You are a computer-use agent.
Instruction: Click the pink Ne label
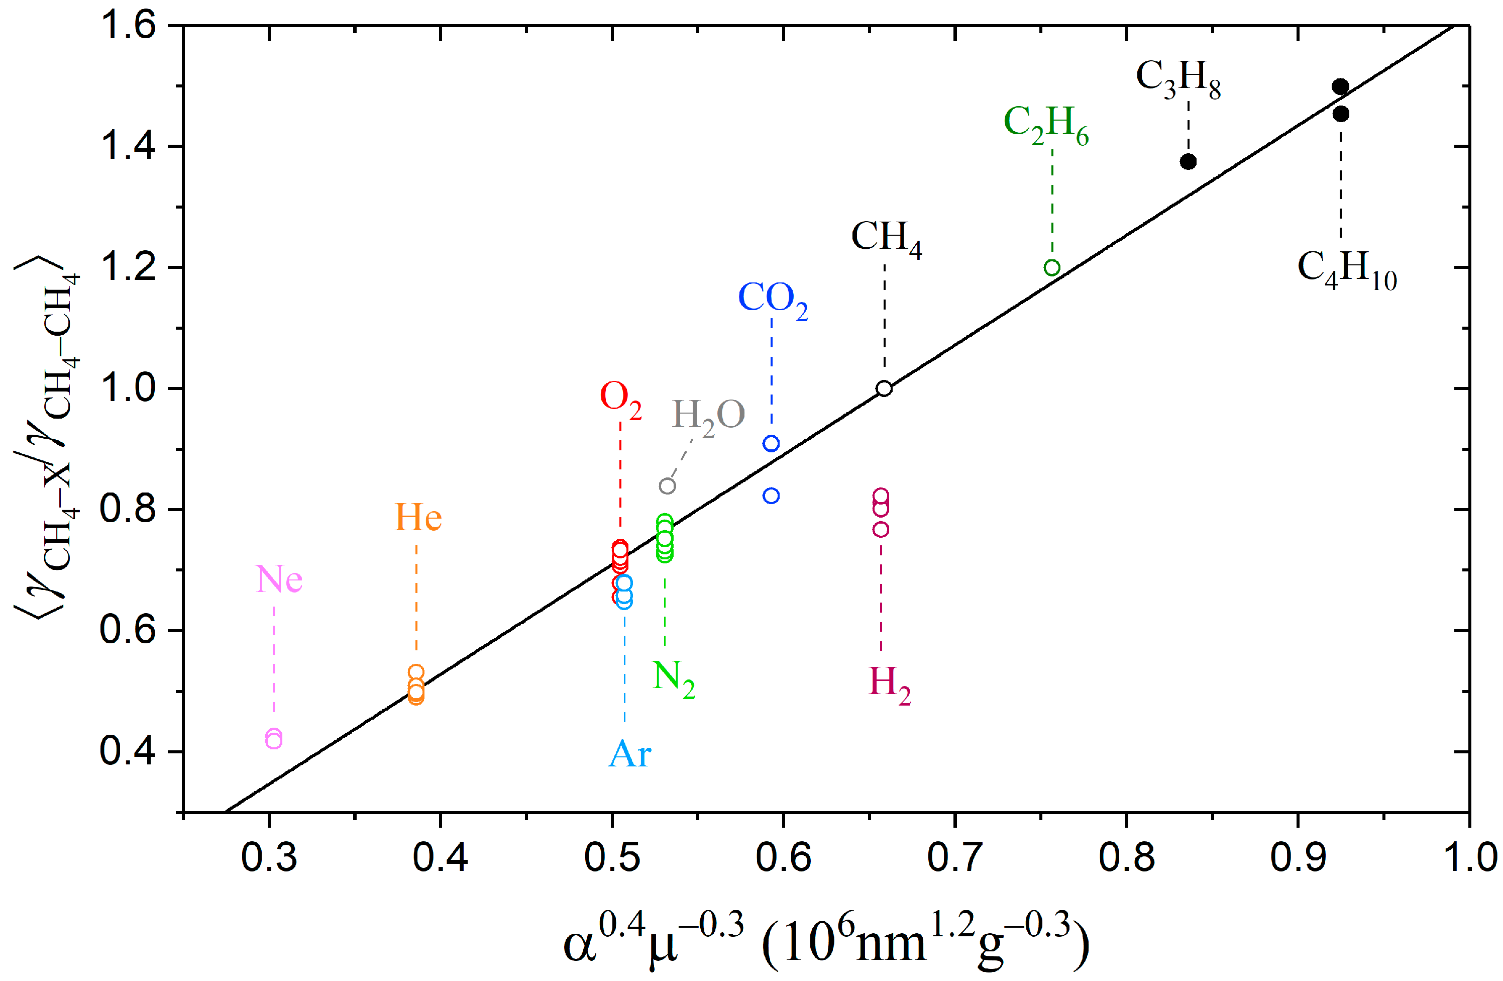click(x=278, y=578)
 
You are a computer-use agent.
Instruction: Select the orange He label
click(x=417, y=518)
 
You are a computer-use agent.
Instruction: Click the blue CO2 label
click(x=772, y=300)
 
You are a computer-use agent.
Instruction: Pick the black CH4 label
click(x=886, y=239)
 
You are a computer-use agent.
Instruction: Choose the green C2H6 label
click(x=1045, y=124)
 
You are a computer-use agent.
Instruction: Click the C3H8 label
click(x=1178, y=78)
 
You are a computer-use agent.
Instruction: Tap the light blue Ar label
click(x=629, y=755)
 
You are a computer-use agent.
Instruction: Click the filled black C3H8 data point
click(x=1188, y=162)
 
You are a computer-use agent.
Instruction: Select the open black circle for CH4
click(x=884, y=388)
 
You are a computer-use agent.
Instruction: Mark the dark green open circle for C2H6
click(x=1051, y=268)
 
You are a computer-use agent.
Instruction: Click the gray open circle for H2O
click(x=667, y=486)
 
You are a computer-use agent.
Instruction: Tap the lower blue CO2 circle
click(x=771, y=496)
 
